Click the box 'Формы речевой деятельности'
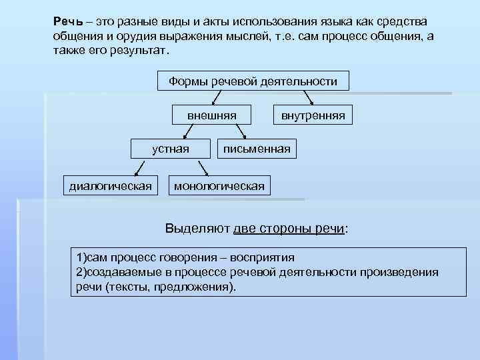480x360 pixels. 253,81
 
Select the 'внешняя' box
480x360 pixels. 212,115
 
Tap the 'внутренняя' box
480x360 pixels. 313,115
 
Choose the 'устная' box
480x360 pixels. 170,149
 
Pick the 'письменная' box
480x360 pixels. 257,149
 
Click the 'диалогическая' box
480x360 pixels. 111,185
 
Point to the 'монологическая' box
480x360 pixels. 219,185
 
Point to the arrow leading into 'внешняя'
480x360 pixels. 214,99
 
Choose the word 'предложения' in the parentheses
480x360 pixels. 199,287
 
